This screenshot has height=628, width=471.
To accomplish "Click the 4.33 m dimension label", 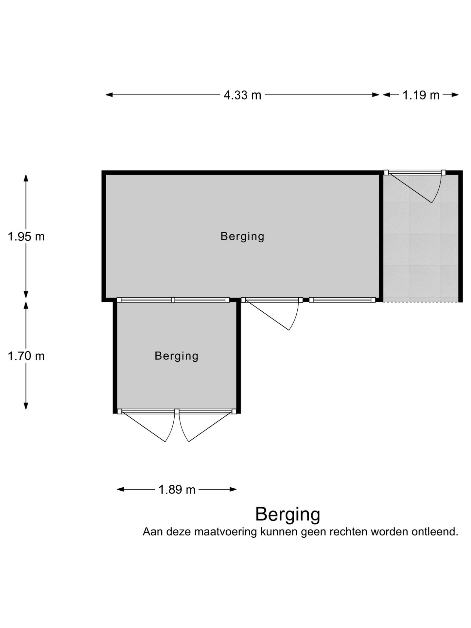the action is [242, 95].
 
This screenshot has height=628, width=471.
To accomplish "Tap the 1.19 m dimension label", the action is [421, 95].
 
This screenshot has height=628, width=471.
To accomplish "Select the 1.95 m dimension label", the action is [26, 236].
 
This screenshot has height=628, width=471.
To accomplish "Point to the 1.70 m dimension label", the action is [26, 356].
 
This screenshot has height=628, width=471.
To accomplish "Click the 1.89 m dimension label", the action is [177, 490].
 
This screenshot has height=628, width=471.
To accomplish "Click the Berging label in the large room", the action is [242, 236].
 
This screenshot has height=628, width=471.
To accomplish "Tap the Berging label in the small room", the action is [177, 356].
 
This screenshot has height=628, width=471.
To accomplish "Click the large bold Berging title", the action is [288, 515].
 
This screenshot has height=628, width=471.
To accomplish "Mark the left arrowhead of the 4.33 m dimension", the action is [109, 95].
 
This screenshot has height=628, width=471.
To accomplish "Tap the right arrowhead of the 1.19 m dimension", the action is [455, 95].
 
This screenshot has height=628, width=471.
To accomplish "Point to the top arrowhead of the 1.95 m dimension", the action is [26, 178].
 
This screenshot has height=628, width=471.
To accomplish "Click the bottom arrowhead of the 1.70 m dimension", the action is [26, 406].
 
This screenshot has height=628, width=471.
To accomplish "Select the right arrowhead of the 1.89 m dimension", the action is [233, 490].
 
